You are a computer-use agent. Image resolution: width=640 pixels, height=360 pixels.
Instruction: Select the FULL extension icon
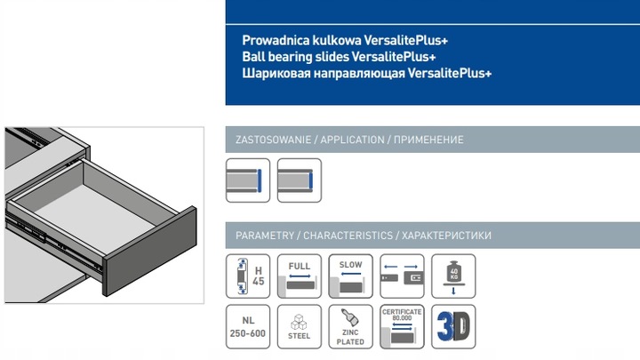point(300,276)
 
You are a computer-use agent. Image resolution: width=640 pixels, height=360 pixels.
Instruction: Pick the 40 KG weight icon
point(453,276)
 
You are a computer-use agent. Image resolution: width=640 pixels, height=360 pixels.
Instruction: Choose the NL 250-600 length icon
point(248,327)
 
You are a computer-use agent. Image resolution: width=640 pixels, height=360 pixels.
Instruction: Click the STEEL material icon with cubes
point(300,327)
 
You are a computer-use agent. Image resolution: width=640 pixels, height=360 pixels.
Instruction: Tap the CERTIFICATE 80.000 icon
point(402,327)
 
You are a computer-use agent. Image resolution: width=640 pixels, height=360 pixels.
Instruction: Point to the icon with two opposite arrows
point(402,276)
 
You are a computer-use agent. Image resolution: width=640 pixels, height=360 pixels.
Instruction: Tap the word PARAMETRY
point(264,236)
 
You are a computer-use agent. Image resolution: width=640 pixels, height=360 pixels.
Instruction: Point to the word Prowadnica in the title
point(274,41)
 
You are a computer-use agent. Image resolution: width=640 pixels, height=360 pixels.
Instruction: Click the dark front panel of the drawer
point(147,254)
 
